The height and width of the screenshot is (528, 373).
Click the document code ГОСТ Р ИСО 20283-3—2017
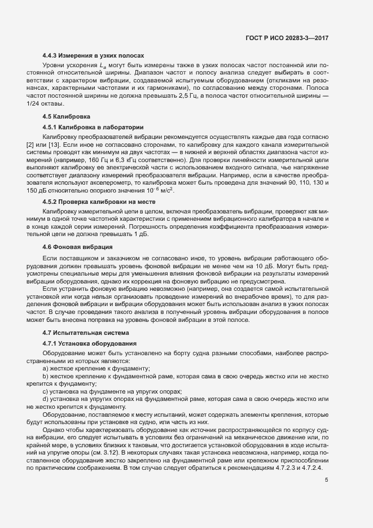coord(287,38)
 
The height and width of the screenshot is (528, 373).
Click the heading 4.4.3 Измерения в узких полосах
coord(94,55)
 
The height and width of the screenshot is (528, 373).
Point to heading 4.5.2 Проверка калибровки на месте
coord(99,202)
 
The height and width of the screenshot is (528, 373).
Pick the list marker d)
coord(46,398)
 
